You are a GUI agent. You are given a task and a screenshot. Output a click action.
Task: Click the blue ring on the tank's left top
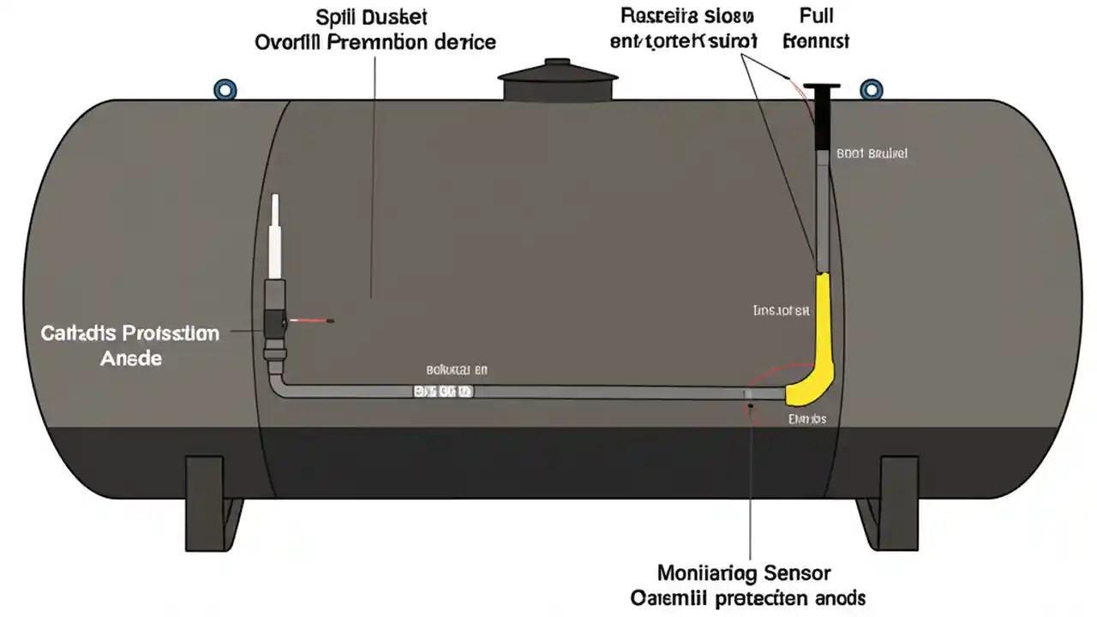225,89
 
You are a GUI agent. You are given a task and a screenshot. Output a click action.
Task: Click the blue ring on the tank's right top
870,89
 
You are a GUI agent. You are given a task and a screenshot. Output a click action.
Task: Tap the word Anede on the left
130,358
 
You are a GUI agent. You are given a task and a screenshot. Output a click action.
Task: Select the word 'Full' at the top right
816,16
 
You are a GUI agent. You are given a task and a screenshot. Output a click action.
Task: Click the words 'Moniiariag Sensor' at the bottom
744,572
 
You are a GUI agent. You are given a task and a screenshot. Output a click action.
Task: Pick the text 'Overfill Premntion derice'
375,41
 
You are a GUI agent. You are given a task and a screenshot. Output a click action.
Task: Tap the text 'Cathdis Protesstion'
130,332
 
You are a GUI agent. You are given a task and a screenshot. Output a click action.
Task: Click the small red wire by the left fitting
311,321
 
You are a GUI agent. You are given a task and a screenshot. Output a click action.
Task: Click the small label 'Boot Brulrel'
872,154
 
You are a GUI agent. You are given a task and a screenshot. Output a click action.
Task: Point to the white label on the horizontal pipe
442,392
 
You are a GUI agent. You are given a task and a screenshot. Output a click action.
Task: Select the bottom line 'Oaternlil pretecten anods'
748,598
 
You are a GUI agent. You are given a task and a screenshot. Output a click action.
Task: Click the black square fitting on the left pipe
276,321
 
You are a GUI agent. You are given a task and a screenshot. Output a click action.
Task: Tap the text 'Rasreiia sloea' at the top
683,16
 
